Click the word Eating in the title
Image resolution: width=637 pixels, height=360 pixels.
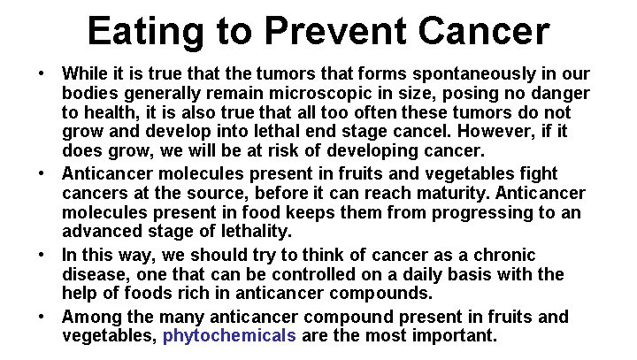pyautogui.click(x=145, y=32)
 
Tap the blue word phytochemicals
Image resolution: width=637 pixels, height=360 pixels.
pyautogui.click(x=229, y=336)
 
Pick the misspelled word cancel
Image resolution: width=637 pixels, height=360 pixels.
pyautogui.click(x=423, y=131)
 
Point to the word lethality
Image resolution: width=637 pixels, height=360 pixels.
pyautogui.click(x=257, y=232)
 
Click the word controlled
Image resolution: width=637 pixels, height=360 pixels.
pyautogui.click(x=313, y=275)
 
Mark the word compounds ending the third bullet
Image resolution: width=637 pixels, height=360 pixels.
pyautogui.click(x=380, y=294)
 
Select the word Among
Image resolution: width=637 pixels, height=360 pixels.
pyautogui.click(x=92, y=317)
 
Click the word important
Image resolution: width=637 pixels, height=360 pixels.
pyautogui.click(x=455, y=336)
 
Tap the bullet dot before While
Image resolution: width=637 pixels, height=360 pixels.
pyautogui.click(x=41, y=73)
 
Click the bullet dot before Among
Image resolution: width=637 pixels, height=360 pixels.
pyautogui.click(x=41, y=316)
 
